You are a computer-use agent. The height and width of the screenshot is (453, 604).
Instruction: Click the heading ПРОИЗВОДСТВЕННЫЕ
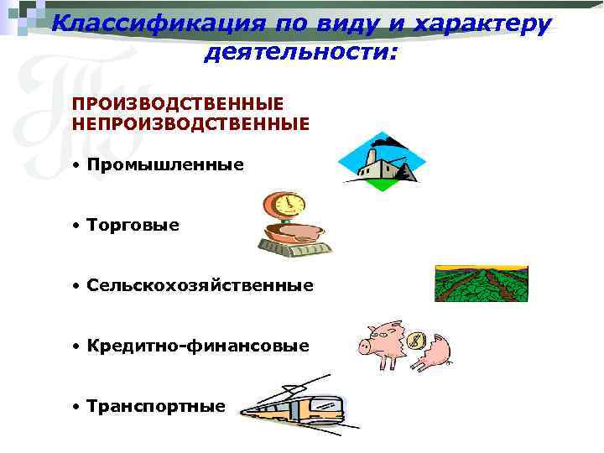click(x=177, y=104)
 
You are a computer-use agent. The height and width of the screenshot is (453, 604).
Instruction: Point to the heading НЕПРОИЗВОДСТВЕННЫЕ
click(x=191, y=123)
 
